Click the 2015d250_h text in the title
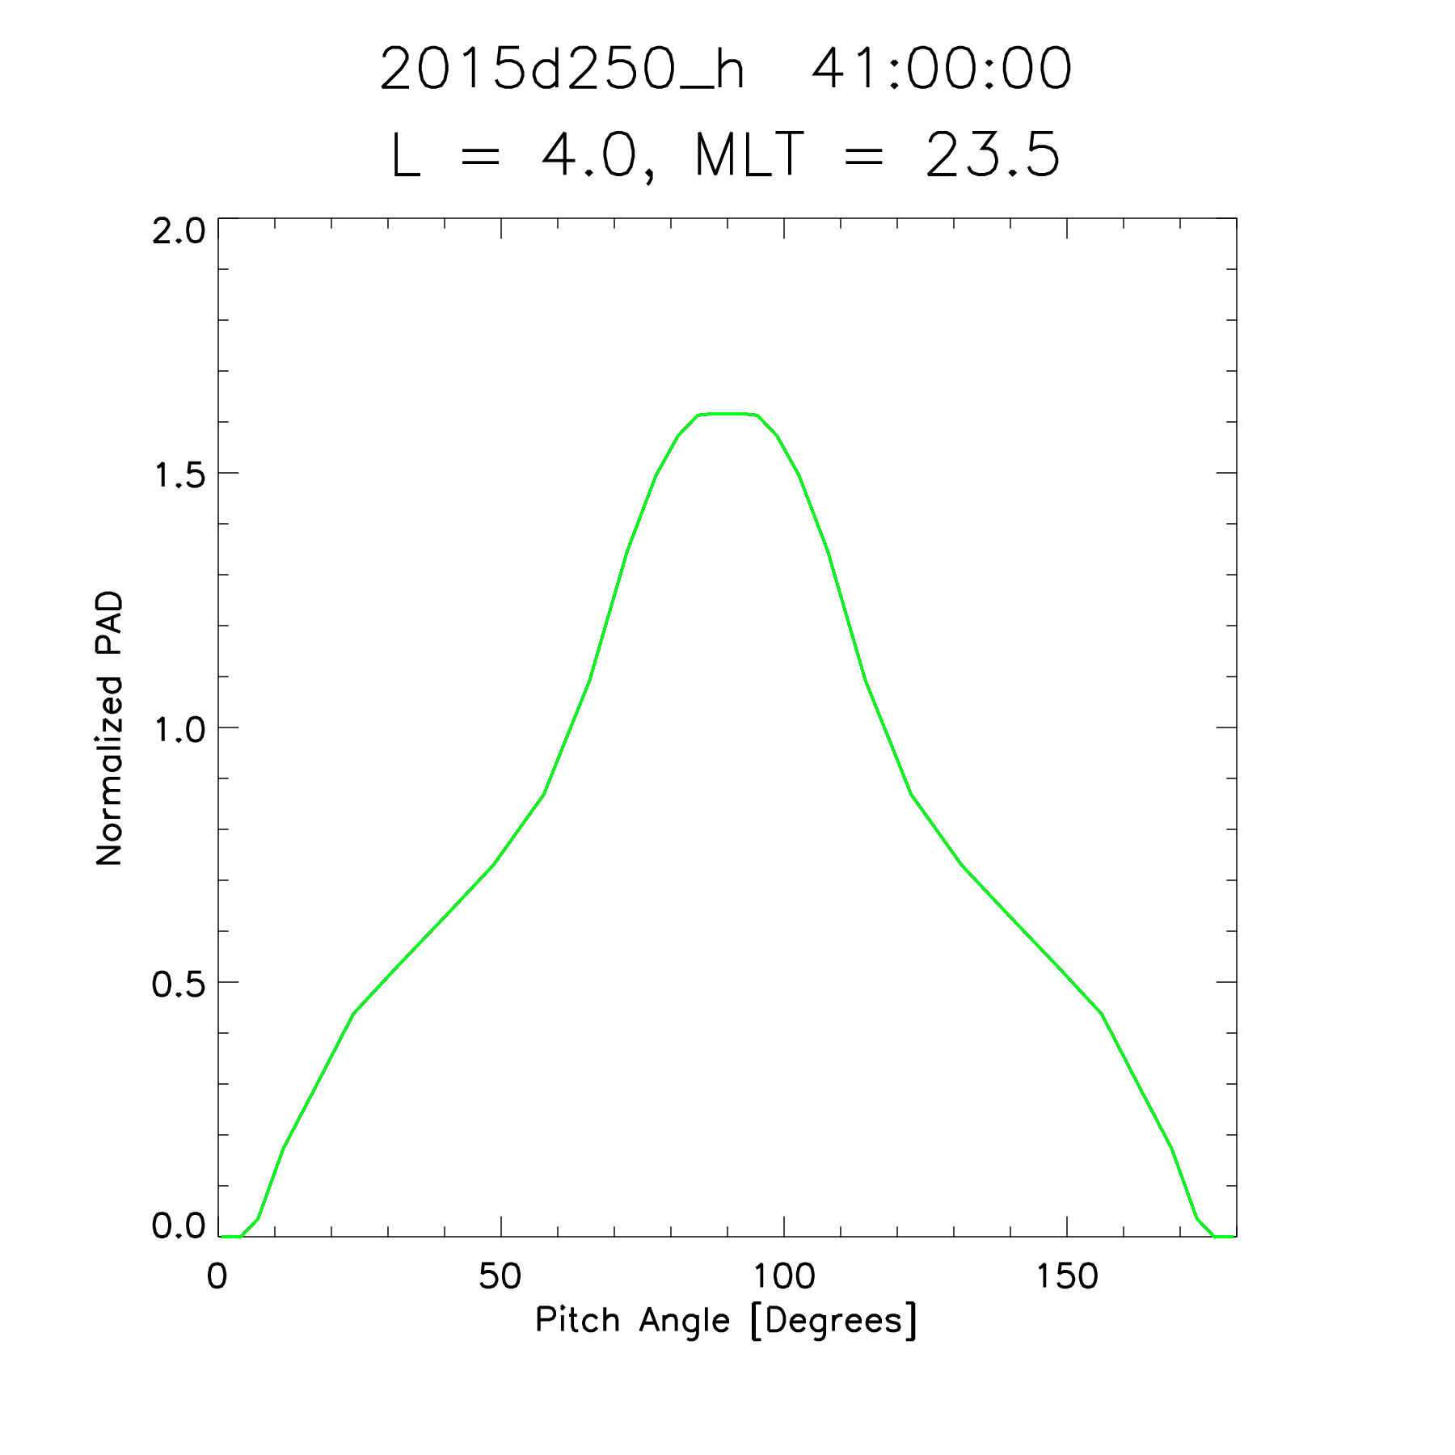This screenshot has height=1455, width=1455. pyautogui.click(x=561, y=70)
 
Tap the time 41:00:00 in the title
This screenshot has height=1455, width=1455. pyautogui.click(x=941, y=70)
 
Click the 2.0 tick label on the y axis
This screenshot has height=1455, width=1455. pyautogui.click(x=179, y=231)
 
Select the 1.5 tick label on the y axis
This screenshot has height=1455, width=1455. pyautogui.click(x=179, y=475)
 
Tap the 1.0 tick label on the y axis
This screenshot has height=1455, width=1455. pyautogui.click(x=179, y=730)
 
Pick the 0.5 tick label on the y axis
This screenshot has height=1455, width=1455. pyautogui.click(x=179, y=985)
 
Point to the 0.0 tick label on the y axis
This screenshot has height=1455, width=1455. pyautogui.click(x=179, y=1225)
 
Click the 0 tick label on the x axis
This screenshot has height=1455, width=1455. pyautogui.click(x=217, y=1277)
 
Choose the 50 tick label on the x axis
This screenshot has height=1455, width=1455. pyautogui.click(x=500, y=1277)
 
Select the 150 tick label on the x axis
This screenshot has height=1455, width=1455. pyautogui.click(x=1066, y=1277)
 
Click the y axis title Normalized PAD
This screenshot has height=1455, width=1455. pyautogui.click(x=109, y=727)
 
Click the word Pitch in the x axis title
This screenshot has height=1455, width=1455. pyautogui.click(x=577, y=1321)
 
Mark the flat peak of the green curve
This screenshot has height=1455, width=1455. pyautogui.click(x=727, y=414)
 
